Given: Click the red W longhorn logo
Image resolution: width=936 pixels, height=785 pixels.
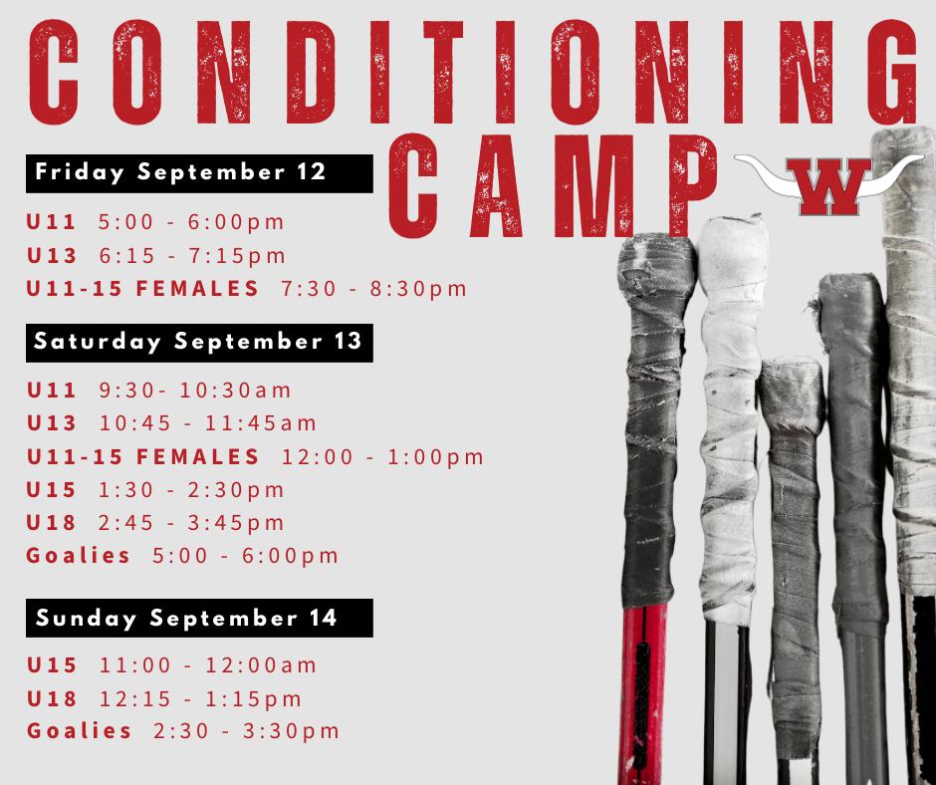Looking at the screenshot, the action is [x=828, y=185].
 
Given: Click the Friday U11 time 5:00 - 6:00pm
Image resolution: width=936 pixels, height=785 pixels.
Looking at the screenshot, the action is [x=191, y=222].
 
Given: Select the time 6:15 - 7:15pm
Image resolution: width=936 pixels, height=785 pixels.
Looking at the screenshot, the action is [x=192, y=256].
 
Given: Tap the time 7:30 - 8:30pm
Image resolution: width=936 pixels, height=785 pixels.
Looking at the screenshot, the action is [x=373, y=289].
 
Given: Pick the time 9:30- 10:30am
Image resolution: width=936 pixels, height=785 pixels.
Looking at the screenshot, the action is [x=195, y=391].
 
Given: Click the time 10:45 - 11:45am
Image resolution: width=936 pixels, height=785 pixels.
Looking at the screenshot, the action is [x=208, y=423].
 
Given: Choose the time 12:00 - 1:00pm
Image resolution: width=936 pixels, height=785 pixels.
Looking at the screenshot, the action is [x=382, y=457].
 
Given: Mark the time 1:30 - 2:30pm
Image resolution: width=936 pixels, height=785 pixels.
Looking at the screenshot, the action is [x=191, y=490].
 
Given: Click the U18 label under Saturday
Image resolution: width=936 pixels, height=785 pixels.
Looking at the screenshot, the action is [x=52, y=523].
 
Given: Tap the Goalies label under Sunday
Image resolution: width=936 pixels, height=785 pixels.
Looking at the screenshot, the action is [x=79, y=730].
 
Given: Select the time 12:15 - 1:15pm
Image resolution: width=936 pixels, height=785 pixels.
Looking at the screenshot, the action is [x=200, y=698].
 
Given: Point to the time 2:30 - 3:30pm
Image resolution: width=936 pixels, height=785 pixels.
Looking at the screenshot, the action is [x=246, y=731].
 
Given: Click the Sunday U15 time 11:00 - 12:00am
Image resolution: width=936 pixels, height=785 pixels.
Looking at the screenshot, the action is [x=208, y=664].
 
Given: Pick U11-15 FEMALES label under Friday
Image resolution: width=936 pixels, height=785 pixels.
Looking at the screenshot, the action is [x=142, y=289].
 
